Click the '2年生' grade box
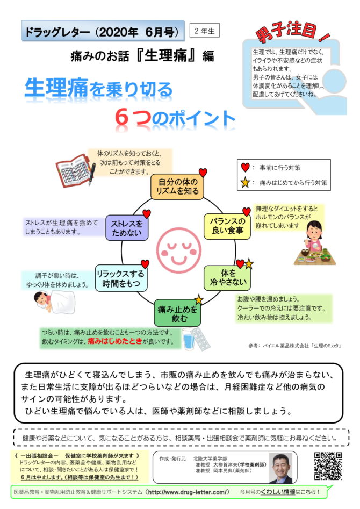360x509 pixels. (x=204, y=31)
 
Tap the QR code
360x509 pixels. (x=328, y=466)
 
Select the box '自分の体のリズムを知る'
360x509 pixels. (x=177, y=187)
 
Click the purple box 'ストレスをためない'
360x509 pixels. (x=127, y=227)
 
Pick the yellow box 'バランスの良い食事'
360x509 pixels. (x=227, y=226)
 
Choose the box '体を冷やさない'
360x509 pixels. (x=228, y=278)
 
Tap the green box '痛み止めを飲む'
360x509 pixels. (x=177, y=313)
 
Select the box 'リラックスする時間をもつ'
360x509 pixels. (x=121, y=278)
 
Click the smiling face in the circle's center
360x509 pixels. (x=177, y=249)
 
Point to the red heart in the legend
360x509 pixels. (x=245, y=168)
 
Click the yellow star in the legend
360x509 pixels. (x=245, y=182)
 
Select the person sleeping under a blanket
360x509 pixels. (x=54, y=302)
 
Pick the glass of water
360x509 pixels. (x=189, y=339)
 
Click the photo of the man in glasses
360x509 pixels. (x=280, y=468)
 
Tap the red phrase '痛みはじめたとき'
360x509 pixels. (x=115, y=341)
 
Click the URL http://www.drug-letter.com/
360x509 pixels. (x=189, y=492)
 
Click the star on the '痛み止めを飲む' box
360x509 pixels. (x=198, y=299)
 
